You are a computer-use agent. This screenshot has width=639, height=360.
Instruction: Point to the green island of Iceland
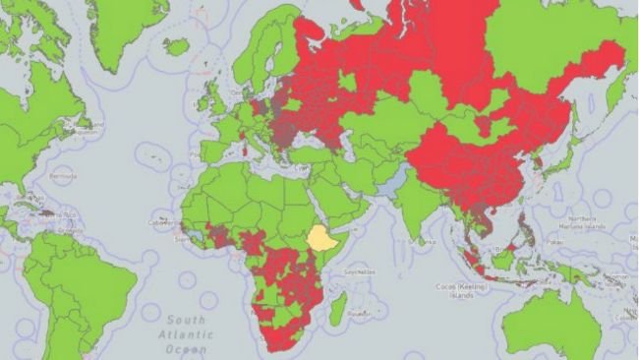coord(177,46)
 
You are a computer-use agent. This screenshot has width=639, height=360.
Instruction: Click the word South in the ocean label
coord(185,320)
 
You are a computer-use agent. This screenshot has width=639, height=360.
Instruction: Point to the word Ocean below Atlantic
coord(186,349)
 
